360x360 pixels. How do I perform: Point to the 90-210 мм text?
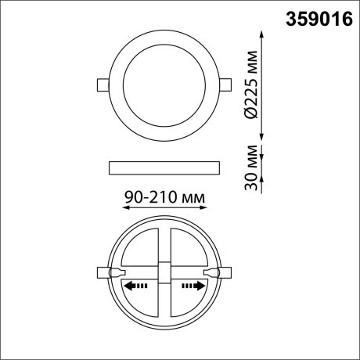coord(165,200)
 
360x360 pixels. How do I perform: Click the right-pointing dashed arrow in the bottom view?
coord(191,286)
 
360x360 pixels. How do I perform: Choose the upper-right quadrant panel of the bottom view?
coord(188,249)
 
